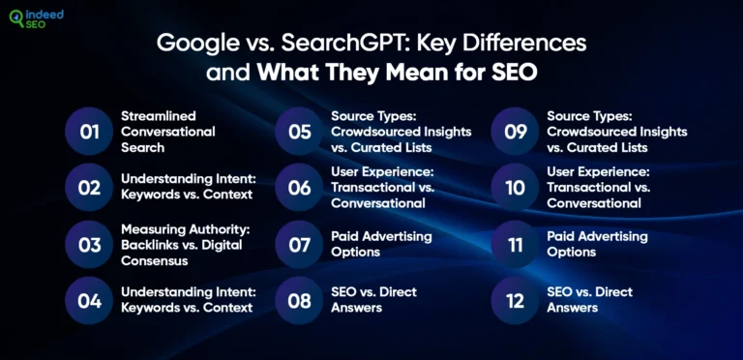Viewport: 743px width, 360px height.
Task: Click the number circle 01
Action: click(90, 132)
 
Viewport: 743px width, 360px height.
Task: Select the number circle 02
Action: click(90, 188)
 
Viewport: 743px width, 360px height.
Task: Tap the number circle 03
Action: click(90, 245)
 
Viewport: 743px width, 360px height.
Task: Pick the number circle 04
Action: click(90, 301)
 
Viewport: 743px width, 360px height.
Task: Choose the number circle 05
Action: click(300, 132)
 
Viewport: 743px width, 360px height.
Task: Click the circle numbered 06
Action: click(300, 188)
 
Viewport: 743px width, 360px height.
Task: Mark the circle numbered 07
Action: click(300, 245)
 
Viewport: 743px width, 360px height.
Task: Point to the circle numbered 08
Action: click(300, 301)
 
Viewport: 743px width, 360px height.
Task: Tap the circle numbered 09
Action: click(516, 132)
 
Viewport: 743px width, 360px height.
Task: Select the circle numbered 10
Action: click(516, 188)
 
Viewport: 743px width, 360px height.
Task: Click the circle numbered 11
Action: click(516, 245)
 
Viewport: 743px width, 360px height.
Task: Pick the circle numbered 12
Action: click(516, 301)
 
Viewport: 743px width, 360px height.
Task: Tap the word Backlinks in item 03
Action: click(149, 244)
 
